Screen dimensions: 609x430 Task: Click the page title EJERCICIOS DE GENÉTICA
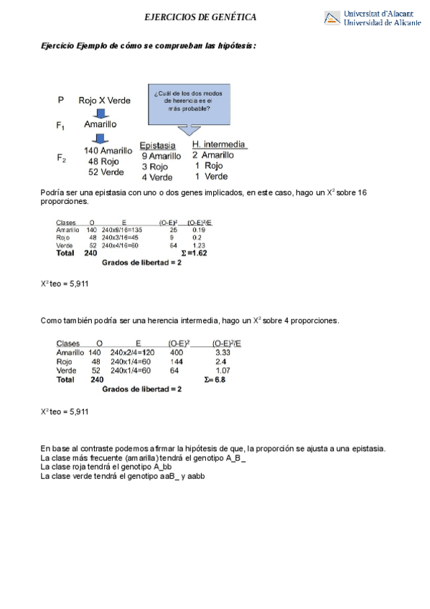point(200,17)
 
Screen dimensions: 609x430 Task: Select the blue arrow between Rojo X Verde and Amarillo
point(101,113)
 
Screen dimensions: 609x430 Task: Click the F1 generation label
point(61,125)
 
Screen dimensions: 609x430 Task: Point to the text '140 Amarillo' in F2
point(108,151)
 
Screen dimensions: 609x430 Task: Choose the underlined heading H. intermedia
point(219,144)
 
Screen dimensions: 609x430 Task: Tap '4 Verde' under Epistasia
point(156,177)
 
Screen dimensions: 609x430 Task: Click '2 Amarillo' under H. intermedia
point(214,155)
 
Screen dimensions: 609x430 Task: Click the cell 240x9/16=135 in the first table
point(121,230)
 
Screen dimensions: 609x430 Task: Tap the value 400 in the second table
point(176,353)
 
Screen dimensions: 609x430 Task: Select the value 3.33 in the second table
point(223,353)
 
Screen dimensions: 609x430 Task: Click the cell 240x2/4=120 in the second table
point(133,353)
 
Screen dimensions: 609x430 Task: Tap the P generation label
point(60,101)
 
